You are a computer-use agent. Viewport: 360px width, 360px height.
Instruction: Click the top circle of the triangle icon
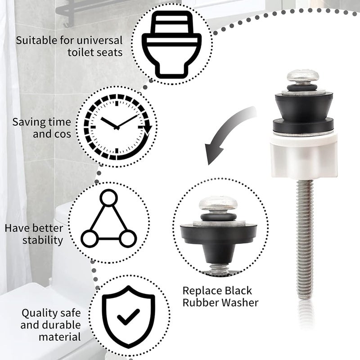click(x=108, y=198)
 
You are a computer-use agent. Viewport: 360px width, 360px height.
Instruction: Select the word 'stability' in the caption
click(x=43, y=240)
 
